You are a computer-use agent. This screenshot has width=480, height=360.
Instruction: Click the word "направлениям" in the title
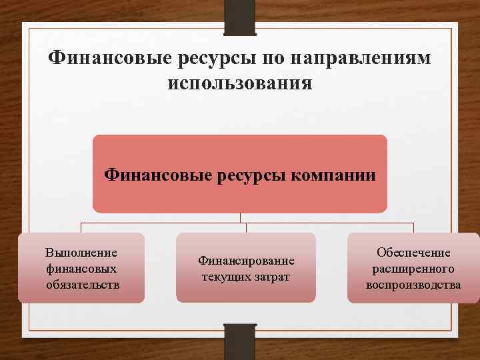pyautogui.click(x=360, y=59)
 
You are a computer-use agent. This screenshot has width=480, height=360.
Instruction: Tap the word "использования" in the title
pyautogui.click(x=240, y=84)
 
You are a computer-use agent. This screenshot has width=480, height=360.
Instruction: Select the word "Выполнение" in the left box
pyautogui.click(x=81, y=253)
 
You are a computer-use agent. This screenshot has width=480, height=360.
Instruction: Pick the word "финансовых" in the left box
pyautogui.click(x=81, y=269)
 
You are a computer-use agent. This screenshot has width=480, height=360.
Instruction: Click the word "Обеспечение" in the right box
pyautogui.click(x=413, y=253)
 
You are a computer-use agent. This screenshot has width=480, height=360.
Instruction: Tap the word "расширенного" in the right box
pyautogui.click(x=413, y=269)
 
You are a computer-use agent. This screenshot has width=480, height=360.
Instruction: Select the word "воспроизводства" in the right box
pyautogui.click(x=413, y=285)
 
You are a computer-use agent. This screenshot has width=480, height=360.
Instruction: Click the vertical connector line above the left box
pyautogui.click(x=81, y=227)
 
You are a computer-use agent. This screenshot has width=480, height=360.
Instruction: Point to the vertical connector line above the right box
pyautogui.click(x=413, y=227)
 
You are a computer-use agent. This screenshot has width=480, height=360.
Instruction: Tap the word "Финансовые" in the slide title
pyautogui.click(x=109, y=59)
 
